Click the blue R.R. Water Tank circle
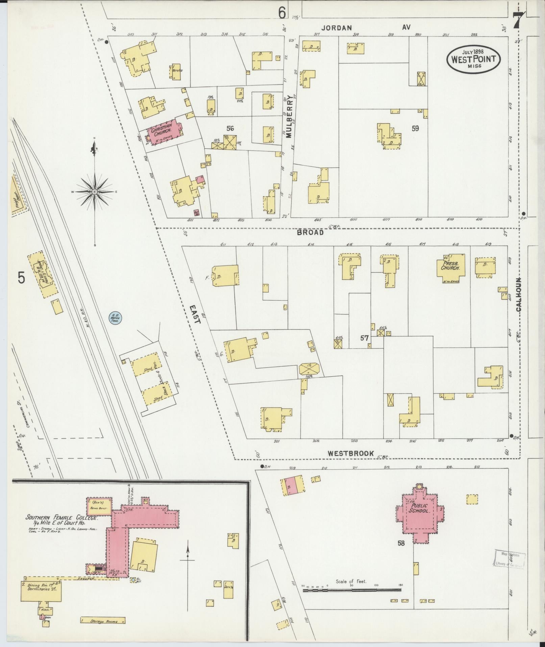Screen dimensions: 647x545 pyautogui.click(x=115, y=318)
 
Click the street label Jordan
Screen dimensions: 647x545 pyautogui.click(x=337, y=28)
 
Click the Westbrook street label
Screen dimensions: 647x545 pyautogui.click(x=351, y=454)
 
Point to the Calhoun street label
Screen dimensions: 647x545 pyautogui.click(x=518, y=295)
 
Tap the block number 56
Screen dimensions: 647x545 pyautogui.click(x=230, y=129)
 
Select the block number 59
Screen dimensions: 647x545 pyautogui.click(x=415, y=129)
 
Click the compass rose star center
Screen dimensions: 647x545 pyautogui.click(x=95, y=192)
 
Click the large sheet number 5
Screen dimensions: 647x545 pyautogui.click(x=22, y=278)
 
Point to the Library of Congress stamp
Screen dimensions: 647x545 pyautogui.click(x=510, y=559)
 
